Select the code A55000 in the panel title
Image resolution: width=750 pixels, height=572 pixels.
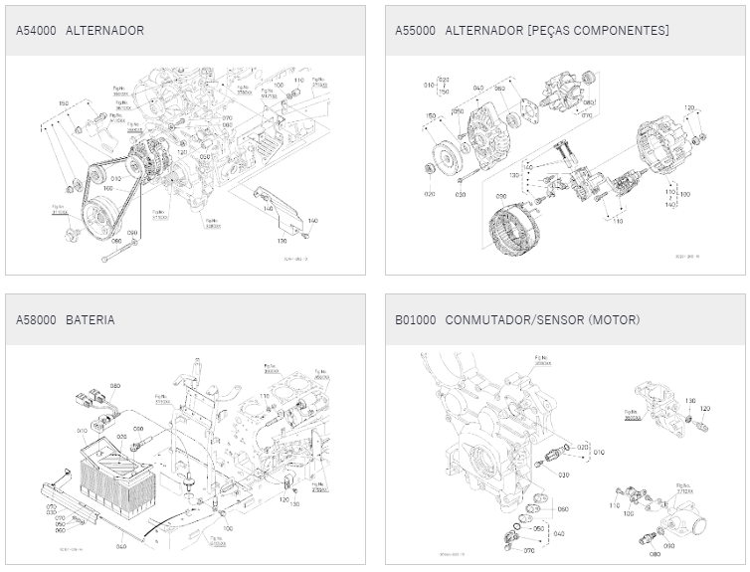pos(415,31)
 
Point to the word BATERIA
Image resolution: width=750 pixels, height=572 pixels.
pos(91,320)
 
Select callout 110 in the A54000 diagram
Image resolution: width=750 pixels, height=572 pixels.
pos(299,80)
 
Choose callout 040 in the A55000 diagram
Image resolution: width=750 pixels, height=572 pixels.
pos(478,89)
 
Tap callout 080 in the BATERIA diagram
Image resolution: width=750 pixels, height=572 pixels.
pos(115,385)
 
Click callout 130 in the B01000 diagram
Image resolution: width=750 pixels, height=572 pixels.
pos(689,401)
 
